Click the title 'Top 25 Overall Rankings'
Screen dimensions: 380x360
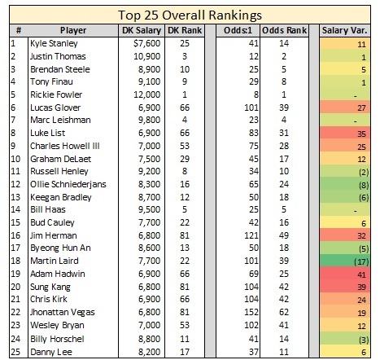[x=190, y=15]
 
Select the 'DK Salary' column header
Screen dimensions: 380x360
[x=142, y=30]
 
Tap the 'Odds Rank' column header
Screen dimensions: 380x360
[x=284, y=30]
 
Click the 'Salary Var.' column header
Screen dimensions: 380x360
[x=344, y=30]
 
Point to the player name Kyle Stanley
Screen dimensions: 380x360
[x=54, y=43]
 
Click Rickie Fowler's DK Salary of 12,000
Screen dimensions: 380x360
[x=147, y=94]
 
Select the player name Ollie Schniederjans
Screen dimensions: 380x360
[x=68, y=184]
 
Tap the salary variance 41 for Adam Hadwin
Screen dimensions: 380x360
[x=361, y=274]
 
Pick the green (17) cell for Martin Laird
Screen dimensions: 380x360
[x=345, y=261]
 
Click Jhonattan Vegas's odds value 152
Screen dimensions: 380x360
[x=251, y=312]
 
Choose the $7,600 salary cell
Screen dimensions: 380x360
[x=147, y=43]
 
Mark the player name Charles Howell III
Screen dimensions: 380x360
[x=65, y=146]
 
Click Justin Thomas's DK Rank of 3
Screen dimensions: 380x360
[x=185, y=56]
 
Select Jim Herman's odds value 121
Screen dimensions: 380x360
[x=251, y=235]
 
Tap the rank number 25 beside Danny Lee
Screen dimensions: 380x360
[x=15, y=352]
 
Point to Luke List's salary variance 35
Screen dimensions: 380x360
[x=361, y=134]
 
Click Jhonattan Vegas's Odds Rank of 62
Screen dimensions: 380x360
[x=284, y=312]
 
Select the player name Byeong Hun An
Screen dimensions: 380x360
[x=60, y=248]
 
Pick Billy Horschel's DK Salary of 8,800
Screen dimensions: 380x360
[x=150, y=339]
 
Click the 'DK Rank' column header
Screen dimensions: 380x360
[x=185, y=30]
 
